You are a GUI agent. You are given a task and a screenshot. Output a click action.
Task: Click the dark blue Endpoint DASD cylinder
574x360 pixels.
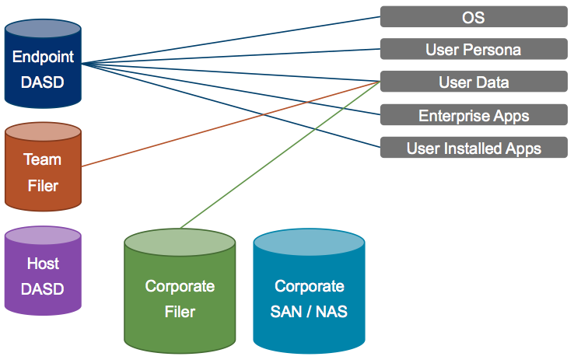pos(43,64)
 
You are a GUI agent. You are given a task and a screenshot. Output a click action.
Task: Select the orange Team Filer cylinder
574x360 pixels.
pos(43,167)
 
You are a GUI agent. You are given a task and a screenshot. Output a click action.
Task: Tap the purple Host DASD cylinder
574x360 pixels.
pos(43,271)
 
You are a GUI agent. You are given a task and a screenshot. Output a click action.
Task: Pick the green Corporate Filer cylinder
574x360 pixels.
pos(180,292)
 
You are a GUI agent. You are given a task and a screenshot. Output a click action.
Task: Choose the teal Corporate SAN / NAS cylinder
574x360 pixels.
pos(309,292)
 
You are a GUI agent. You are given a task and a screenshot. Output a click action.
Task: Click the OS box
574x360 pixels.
pos(474,17)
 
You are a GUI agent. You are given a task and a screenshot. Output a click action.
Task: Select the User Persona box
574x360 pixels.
pos(474,49)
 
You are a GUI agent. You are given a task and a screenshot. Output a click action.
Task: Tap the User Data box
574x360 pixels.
pos(474,82)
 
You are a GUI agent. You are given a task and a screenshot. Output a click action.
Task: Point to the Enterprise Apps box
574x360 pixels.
pos(474,115)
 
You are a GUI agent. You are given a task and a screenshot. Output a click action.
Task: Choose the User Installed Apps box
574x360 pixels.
pos(474,148)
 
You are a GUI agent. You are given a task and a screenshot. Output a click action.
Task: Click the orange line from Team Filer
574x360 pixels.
pos(231,124)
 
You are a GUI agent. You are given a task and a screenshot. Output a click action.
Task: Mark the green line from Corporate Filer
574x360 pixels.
pos(280,155)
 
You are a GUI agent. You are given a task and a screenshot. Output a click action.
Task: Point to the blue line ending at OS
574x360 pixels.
pos(231,40)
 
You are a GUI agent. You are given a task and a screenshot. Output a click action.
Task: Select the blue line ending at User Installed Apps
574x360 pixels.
pos(231,106)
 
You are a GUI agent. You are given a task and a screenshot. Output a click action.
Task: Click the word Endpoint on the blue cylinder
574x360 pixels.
pos(44,57)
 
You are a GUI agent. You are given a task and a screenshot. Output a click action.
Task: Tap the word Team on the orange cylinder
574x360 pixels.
pos(43,159)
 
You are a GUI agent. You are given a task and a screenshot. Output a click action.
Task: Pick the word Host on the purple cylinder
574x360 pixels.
pos(43,264)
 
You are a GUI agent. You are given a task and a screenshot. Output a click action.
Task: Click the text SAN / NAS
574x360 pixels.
pos(309,312)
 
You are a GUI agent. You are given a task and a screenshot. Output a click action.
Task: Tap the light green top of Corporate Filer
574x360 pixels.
pos(180,242)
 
